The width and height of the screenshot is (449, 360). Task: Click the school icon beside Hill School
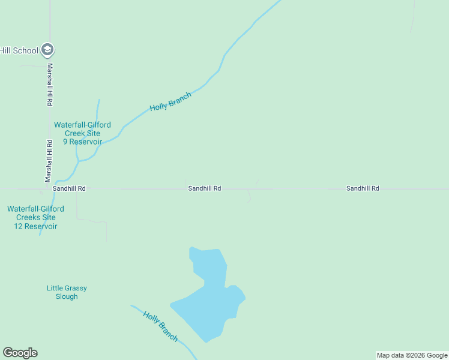[x=48, y=50]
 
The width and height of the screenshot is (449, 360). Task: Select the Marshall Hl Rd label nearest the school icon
[x=50, y=85]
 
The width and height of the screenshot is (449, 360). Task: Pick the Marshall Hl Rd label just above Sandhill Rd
[x=49, y=161]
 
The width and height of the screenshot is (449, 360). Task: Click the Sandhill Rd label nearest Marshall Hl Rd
[x=69, y=188]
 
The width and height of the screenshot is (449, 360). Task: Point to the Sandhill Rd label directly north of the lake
[x=205, y=188]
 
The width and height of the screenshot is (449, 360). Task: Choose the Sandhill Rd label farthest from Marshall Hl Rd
[x=363, y=188]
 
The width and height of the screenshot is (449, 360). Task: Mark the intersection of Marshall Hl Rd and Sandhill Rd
[x=49, y=188]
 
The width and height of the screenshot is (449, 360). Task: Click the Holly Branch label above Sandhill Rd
[x=170, y=101]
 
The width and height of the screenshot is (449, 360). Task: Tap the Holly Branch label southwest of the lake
[x=160, y=326]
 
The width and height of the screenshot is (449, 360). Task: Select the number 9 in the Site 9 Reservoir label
[x=65, y=142]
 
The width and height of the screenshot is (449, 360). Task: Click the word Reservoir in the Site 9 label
[x=86, y=142]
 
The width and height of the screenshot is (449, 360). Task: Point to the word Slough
[x=67, y=296]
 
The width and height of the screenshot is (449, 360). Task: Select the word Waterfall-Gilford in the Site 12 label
[x=35, y=209]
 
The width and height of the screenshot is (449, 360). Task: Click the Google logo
[x=20, y=353]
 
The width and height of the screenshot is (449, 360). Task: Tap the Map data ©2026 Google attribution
[x=412, y=355]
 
